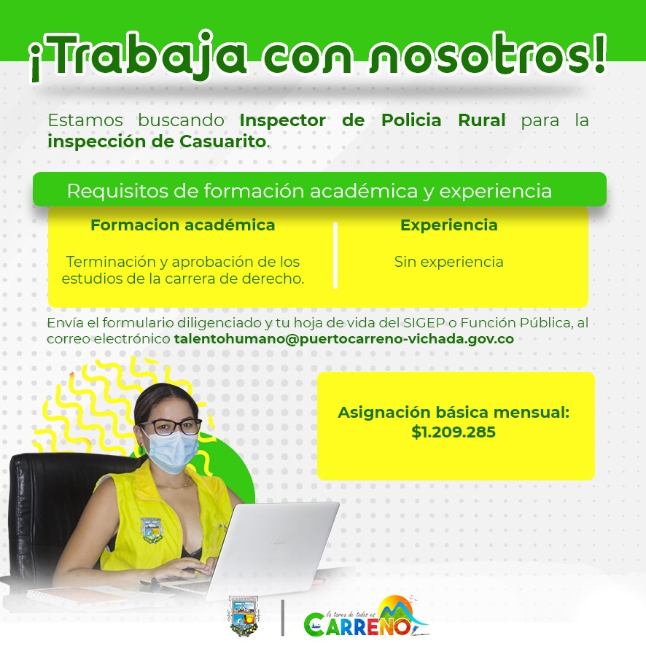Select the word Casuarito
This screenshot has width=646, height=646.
(x=223, y=141)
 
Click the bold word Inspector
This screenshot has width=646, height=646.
(x=283, y=120)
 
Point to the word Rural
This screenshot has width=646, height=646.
(x=482, y=120)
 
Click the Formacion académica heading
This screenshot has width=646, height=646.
(x=182, y=225)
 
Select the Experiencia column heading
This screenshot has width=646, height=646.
(x=448, y=225)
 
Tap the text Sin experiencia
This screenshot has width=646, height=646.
(x=448, y=262)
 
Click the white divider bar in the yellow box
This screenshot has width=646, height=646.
(x=335, y=255)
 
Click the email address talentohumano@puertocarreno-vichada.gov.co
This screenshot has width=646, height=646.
(x=344, y=338)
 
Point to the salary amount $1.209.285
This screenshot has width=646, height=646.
(x=454, y=432)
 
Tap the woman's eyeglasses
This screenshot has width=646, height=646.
(x=170, y=427)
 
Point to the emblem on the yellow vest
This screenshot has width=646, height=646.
(x=151, y=530)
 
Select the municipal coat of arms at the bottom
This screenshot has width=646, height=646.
(x=243, y=616)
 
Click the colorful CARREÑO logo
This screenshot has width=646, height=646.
(x=367, y=617)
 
